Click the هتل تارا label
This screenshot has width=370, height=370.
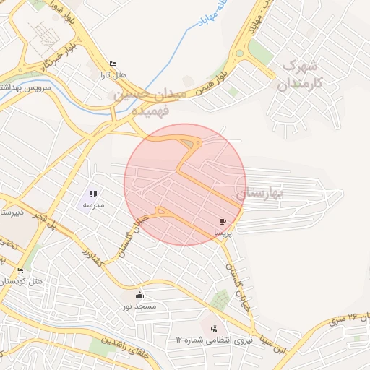pyautogui.click(x=113, y=75)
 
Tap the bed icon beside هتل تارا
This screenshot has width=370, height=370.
pyautogui.click(x=112, y=64)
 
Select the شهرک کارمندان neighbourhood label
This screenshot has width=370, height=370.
pyautogui.click(x=298, y=74)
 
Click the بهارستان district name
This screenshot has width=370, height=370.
pyautogui.click(x=262, y=194)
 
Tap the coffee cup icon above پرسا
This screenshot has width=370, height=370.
pyautogui.click(x=223, y=221)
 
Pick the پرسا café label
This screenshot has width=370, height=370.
pyautogui.click(x=223, y=233)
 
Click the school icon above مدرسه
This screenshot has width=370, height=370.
pyautogui.click(x=93, y=194)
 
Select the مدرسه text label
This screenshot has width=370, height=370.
pyautogui.click(x=94, y=205)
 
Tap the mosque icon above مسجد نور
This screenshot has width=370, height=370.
pyautogui.click(x=139, y=295)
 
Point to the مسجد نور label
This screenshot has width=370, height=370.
pyautogui.click(x=139, y=306)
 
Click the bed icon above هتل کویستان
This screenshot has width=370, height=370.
pyautogui.click(x=20, y=270)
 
